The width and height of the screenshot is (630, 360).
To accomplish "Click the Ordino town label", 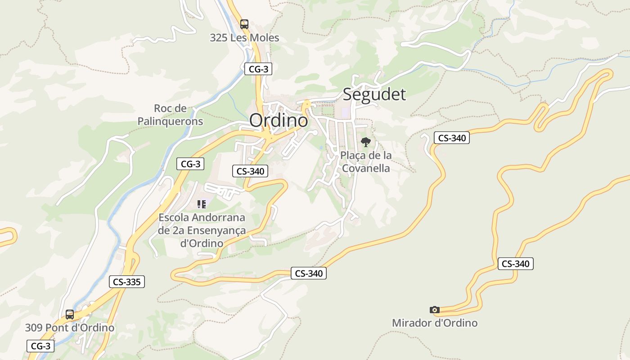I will (x=279, y=120).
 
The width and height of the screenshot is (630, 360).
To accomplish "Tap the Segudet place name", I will (x=374, y=94).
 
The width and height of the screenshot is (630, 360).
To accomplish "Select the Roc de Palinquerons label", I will (x=170, y=115).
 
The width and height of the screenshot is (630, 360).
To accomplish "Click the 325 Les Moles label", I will (x=244, y=38).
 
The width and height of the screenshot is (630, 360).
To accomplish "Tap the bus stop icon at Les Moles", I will (x=244, y=24).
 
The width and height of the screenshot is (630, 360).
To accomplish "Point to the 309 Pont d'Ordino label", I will (x=70, y=328).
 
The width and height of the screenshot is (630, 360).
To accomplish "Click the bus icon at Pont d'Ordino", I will (x=70, y=314).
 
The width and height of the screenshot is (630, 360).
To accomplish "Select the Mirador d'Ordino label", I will (x=434, y=323).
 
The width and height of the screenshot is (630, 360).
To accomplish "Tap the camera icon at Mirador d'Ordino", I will (x=434, y=310).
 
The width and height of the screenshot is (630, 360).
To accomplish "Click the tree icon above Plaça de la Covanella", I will (x=366, y=142).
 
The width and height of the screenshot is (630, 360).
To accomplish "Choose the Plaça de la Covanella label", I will (x=365, y=162).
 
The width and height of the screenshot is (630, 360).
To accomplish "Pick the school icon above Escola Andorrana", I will (x=202, y=204).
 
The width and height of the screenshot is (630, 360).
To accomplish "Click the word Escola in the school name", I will (x=173, y=218).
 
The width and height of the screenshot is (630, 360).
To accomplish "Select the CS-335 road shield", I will (x=127, y=282).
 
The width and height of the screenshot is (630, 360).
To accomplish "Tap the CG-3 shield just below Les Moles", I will (x=258, y=69).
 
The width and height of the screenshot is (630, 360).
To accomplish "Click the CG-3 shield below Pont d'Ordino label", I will (x=41, y=346).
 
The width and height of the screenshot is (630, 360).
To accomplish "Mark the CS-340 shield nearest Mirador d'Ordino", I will (x=515, y=264).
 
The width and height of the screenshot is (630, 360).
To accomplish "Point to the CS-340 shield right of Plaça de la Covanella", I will (x=451, y=138).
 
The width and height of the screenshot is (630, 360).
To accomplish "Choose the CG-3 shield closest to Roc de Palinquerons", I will (x=190, y=164).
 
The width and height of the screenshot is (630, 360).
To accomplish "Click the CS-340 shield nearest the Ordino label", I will (x=250, y=171).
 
